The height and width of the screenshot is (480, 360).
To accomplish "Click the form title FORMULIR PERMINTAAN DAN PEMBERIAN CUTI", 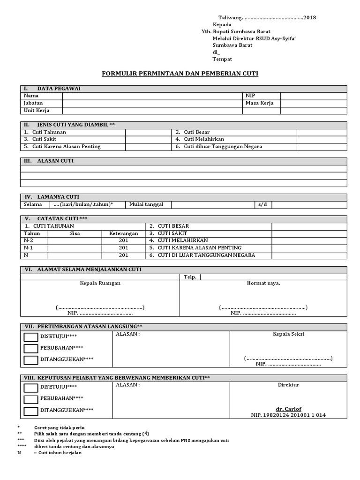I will [x=180, y=74].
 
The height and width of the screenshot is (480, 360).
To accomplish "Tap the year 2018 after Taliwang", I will [x=309, y=17].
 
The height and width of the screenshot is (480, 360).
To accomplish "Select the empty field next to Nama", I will [x=152, y=96].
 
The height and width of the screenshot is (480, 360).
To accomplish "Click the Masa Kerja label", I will [x=259, y=103].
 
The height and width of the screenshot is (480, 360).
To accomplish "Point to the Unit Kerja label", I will [x=37, y=111].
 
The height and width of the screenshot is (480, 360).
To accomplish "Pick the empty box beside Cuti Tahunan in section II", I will [x=148, y=132].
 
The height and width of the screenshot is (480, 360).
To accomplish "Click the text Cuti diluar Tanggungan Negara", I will [x=218, y=146].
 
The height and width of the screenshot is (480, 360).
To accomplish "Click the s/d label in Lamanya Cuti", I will [x=262, y=204].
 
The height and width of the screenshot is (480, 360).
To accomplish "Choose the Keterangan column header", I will [x=123, y=233].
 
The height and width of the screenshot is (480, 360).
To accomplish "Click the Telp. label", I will [x=189, y=277].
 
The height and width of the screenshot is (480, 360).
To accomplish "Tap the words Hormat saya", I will [x=263, y=283].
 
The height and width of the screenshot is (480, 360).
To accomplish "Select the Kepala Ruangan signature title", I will [x=100, y=283].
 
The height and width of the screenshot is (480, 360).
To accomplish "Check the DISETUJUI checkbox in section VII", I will [x=31, y=337].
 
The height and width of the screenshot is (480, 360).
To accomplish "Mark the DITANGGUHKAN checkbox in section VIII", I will [x=31, y=411].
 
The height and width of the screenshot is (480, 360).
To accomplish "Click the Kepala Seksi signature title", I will [x=288, y=334].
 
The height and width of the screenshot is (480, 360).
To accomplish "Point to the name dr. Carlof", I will [x=288, y=408].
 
